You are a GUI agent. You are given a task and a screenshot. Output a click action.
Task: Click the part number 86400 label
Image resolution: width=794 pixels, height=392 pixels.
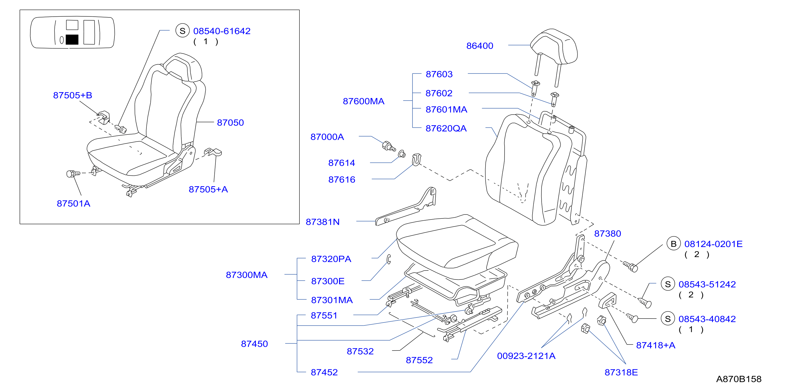click(x=480, y=46)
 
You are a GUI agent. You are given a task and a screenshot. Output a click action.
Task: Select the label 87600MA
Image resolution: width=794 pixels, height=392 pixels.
click(x=363, y=101)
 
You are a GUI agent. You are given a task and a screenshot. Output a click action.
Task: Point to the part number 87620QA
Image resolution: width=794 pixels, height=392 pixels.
click(x=446, y=128)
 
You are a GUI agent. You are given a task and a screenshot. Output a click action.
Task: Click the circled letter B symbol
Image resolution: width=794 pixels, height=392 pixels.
click(x=673, y=244)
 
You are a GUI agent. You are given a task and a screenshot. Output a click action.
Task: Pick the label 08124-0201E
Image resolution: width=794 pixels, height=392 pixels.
click(x=713, y=244)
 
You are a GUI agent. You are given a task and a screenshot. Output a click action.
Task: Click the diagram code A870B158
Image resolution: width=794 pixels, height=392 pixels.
click(x=738, y=379)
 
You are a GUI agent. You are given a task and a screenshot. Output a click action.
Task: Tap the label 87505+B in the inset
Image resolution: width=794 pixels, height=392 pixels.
click(x=72, y=95)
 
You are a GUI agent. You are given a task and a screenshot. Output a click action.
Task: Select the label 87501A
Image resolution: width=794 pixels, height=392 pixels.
click(x=73, y=204)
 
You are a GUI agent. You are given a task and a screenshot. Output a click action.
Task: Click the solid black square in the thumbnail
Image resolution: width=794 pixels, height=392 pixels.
click(x=72, y=40)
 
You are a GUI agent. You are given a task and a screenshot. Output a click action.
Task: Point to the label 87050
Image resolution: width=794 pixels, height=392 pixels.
click(x=230, y=123)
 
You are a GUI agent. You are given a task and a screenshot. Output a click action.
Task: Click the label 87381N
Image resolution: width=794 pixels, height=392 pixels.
click(x=322, y=222)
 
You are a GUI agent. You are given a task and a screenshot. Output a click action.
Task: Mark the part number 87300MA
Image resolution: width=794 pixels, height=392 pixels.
click(x=247, y=275)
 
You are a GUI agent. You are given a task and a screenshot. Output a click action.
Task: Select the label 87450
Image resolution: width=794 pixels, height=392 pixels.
click(x=254, y=344)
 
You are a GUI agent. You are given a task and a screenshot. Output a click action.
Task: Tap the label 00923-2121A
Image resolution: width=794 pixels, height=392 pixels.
click(x=526, y=356)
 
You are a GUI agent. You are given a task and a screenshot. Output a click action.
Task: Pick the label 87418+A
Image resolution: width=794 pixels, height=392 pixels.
click(x=655, y=346)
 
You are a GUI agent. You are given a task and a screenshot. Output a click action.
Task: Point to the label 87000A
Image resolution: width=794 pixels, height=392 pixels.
click(x=327, y=137)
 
